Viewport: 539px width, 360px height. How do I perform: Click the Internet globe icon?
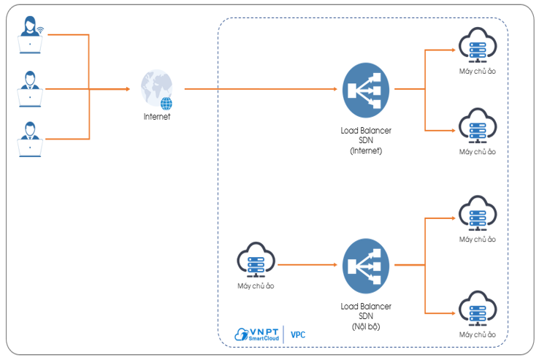(x=157, y=88)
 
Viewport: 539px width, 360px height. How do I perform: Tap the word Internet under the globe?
(x=156, y=116)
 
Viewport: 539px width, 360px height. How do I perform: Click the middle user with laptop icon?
(x=30, y=88)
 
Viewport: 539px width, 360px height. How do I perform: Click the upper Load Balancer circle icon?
(x=366, y=88)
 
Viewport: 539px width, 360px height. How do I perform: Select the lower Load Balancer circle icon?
(x=366, y=264)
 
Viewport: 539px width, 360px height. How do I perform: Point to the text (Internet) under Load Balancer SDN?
(x=366, y=150)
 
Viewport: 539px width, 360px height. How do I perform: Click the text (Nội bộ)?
(x=366, y=326)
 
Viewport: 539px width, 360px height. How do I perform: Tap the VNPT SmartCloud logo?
(x=257, y=334)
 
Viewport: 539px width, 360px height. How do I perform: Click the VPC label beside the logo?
(x=298, y=335)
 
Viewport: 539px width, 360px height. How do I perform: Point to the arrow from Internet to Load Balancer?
(x=263, y=89)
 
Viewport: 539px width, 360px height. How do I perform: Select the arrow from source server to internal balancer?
(x=307, y=264)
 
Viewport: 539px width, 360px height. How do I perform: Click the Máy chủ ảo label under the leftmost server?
(x=256, y=286)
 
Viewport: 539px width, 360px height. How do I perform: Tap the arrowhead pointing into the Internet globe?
(x=127, y=89)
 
